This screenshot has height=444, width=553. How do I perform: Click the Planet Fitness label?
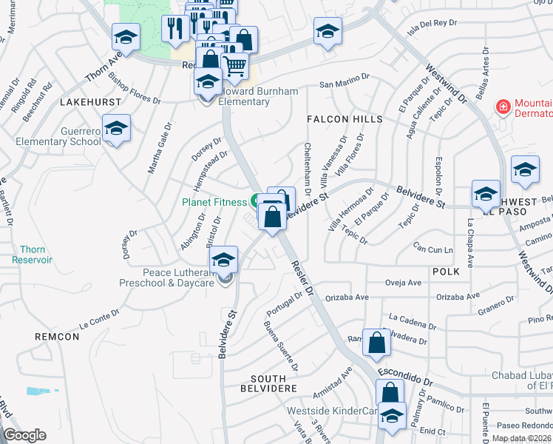pyautogui.click(x=216, y=201)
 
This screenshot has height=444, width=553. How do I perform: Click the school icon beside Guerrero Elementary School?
pyautogui.click(x=116, y=129)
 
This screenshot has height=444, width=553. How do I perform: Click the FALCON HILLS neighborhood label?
pyautogui.click(x=345, y=119)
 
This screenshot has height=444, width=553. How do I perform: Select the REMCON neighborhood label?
pyautogui.click(x=56, y=337)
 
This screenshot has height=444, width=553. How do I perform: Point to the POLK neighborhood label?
pyautogui.click(x=447, y=272)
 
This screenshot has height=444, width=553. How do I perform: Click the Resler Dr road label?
pyautogui.click(x=305, y=279)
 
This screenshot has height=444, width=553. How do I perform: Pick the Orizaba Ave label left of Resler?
pyautogui.click(x=348, y=297)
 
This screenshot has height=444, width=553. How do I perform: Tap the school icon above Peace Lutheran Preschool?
pyautogui.click(x=223, y=260)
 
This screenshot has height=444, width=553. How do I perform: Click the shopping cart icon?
pyautogui.click(x=234, y=67)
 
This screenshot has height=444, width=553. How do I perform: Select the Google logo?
pyautogui.click(x=25, y=435)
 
